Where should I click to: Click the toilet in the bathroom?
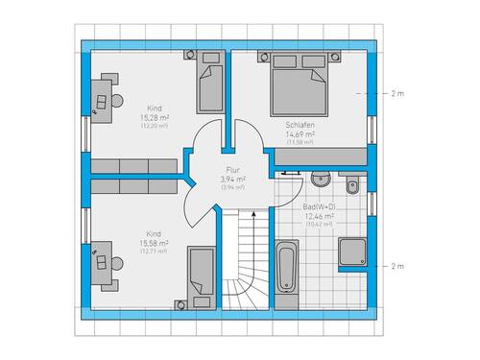pos(351,185)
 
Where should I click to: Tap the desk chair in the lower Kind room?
pos(115,258)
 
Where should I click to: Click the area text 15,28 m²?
pos(154,118)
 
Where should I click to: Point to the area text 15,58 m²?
pos(154,245)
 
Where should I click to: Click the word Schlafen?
pos(300,126)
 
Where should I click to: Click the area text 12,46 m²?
pos(320,217)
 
